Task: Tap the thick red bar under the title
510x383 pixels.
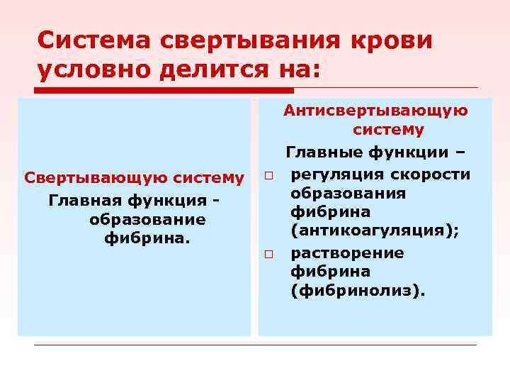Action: tap(164, 90)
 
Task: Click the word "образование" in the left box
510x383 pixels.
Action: tap(147, 219)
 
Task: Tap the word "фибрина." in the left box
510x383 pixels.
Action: tap(147, 238)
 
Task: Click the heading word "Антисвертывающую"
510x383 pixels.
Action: tap(375, 110)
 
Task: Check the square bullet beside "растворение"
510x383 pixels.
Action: tap(270, 254)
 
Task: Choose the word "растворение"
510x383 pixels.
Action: tap(347, 253)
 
